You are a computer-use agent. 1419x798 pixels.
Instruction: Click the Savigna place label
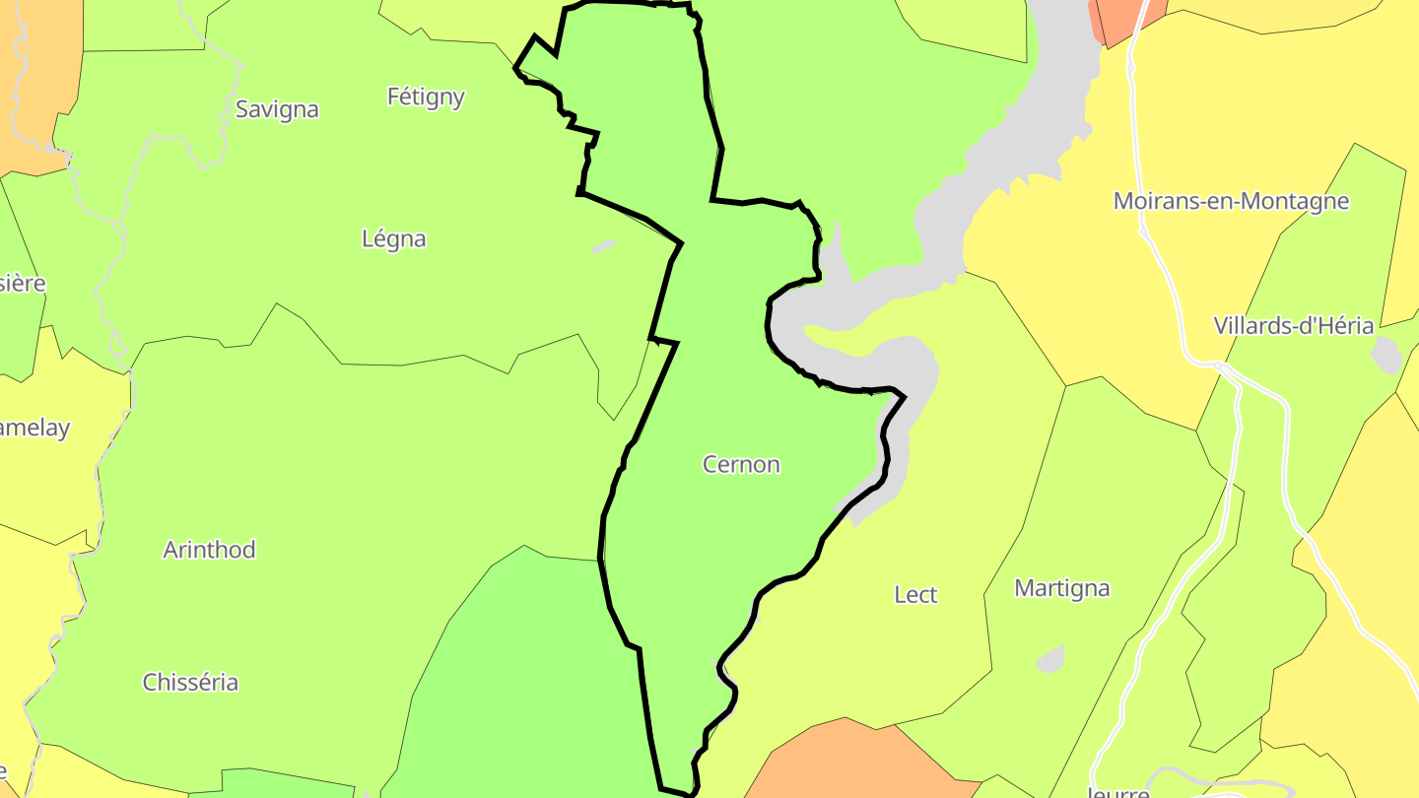pos(277,109)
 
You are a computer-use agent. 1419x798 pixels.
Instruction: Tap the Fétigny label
pos(426,97)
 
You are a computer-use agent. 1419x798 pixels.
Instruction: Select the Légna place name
pos(394,238)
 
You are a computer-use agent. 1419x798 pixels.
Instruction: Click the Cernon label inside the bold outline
pos(741,464)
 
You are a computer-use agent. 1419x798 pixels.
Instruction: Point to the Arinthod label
pos(209,550)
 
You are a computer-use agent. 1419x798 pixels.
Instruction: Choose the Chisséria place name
pos(190,682)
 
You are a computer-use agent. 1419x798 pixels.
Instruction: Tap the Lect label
pos(915,595)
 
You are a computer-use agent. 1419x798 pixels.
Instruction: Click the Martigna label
pos(1062,588)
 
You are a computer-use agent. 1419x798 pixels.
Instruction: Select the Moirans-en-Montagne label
pos(1231,201)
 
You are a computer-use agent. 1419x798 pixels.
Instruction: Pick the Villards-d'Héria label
pos(1293,326)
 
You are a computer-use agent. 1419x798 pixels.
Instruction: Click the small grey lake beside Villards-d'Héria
pos(1386,355)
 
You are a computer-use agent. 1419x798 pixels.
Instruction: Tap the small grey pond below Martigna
pos(1050,660)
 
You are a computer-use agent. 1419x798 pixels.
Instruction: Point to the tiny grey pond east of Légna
pos(603,245)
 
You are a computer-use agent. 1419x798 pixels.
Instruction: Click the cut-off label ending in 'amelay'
pos(34,429)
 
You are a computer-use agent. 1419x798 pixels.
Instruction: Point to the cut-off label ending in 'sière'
pos(22,284)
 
